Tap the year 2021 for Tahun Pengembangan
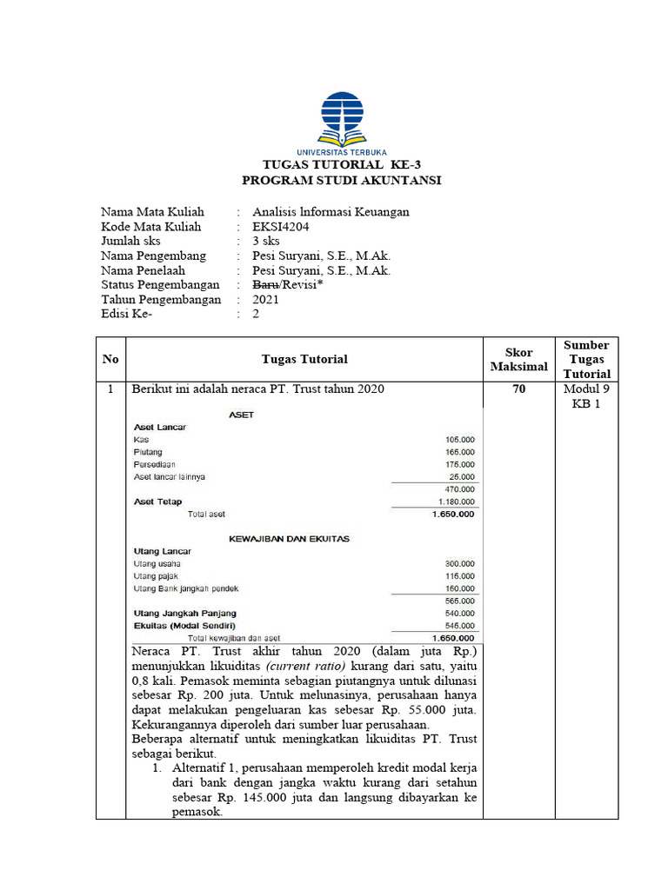click(267, 300)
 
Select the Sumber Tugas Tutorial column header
click(587, 359)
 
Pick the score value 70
click(519, 390)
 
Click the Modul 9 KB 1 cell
click(587, 397)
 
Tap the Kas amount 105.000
click(460, 440)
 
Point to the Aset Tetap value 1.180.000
click(456, 501)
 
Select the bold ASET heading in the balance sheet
click(241, 415)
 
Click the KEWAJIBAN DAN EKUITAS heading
click(289, 539)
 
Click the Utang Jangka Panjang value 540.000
click(460, 614)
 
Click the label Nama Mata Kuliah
click(152, 212)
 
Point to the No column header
click(110, 359)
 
